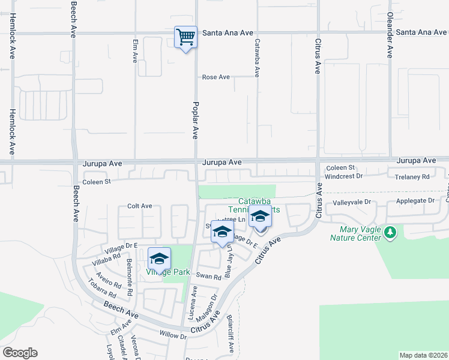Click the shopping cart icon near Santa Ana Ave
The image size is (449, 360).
[185, 37]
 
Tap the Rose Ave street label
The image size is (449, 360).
[216, 77]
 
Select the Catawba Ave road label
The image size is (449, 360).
[257, 58]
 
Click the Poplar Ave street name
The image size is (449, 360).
[195, 120]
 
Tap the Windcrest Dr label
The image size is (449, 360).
[344, 176]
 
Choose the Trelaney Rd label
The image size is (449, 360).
[412, 177]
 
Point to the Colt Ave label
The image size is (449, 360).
[139, 206]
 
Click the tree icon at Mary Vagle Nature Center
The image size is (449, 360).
[390, 231]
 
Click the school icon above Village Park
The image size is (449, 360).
[159, 259]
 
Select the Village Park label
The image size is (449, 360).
[168, 272]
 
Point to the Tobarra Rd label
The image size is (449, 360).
[101, 287]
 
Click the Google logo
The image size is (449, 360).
[20, 353]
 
